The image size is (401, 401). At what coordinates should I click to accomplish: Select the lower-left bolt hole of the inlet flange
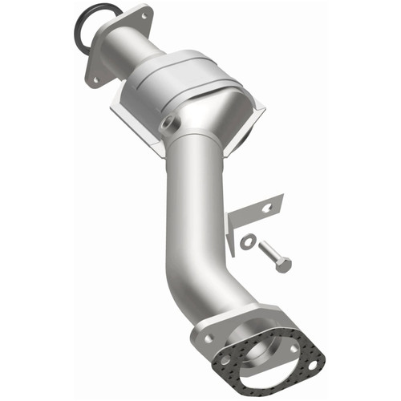[x=95, y=79]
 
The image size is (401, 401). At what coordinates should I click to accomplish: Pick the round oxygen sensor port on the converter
[x=168, y=125]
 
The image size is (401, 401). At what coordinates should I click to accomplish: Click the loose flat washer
[x=248, y=240]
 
